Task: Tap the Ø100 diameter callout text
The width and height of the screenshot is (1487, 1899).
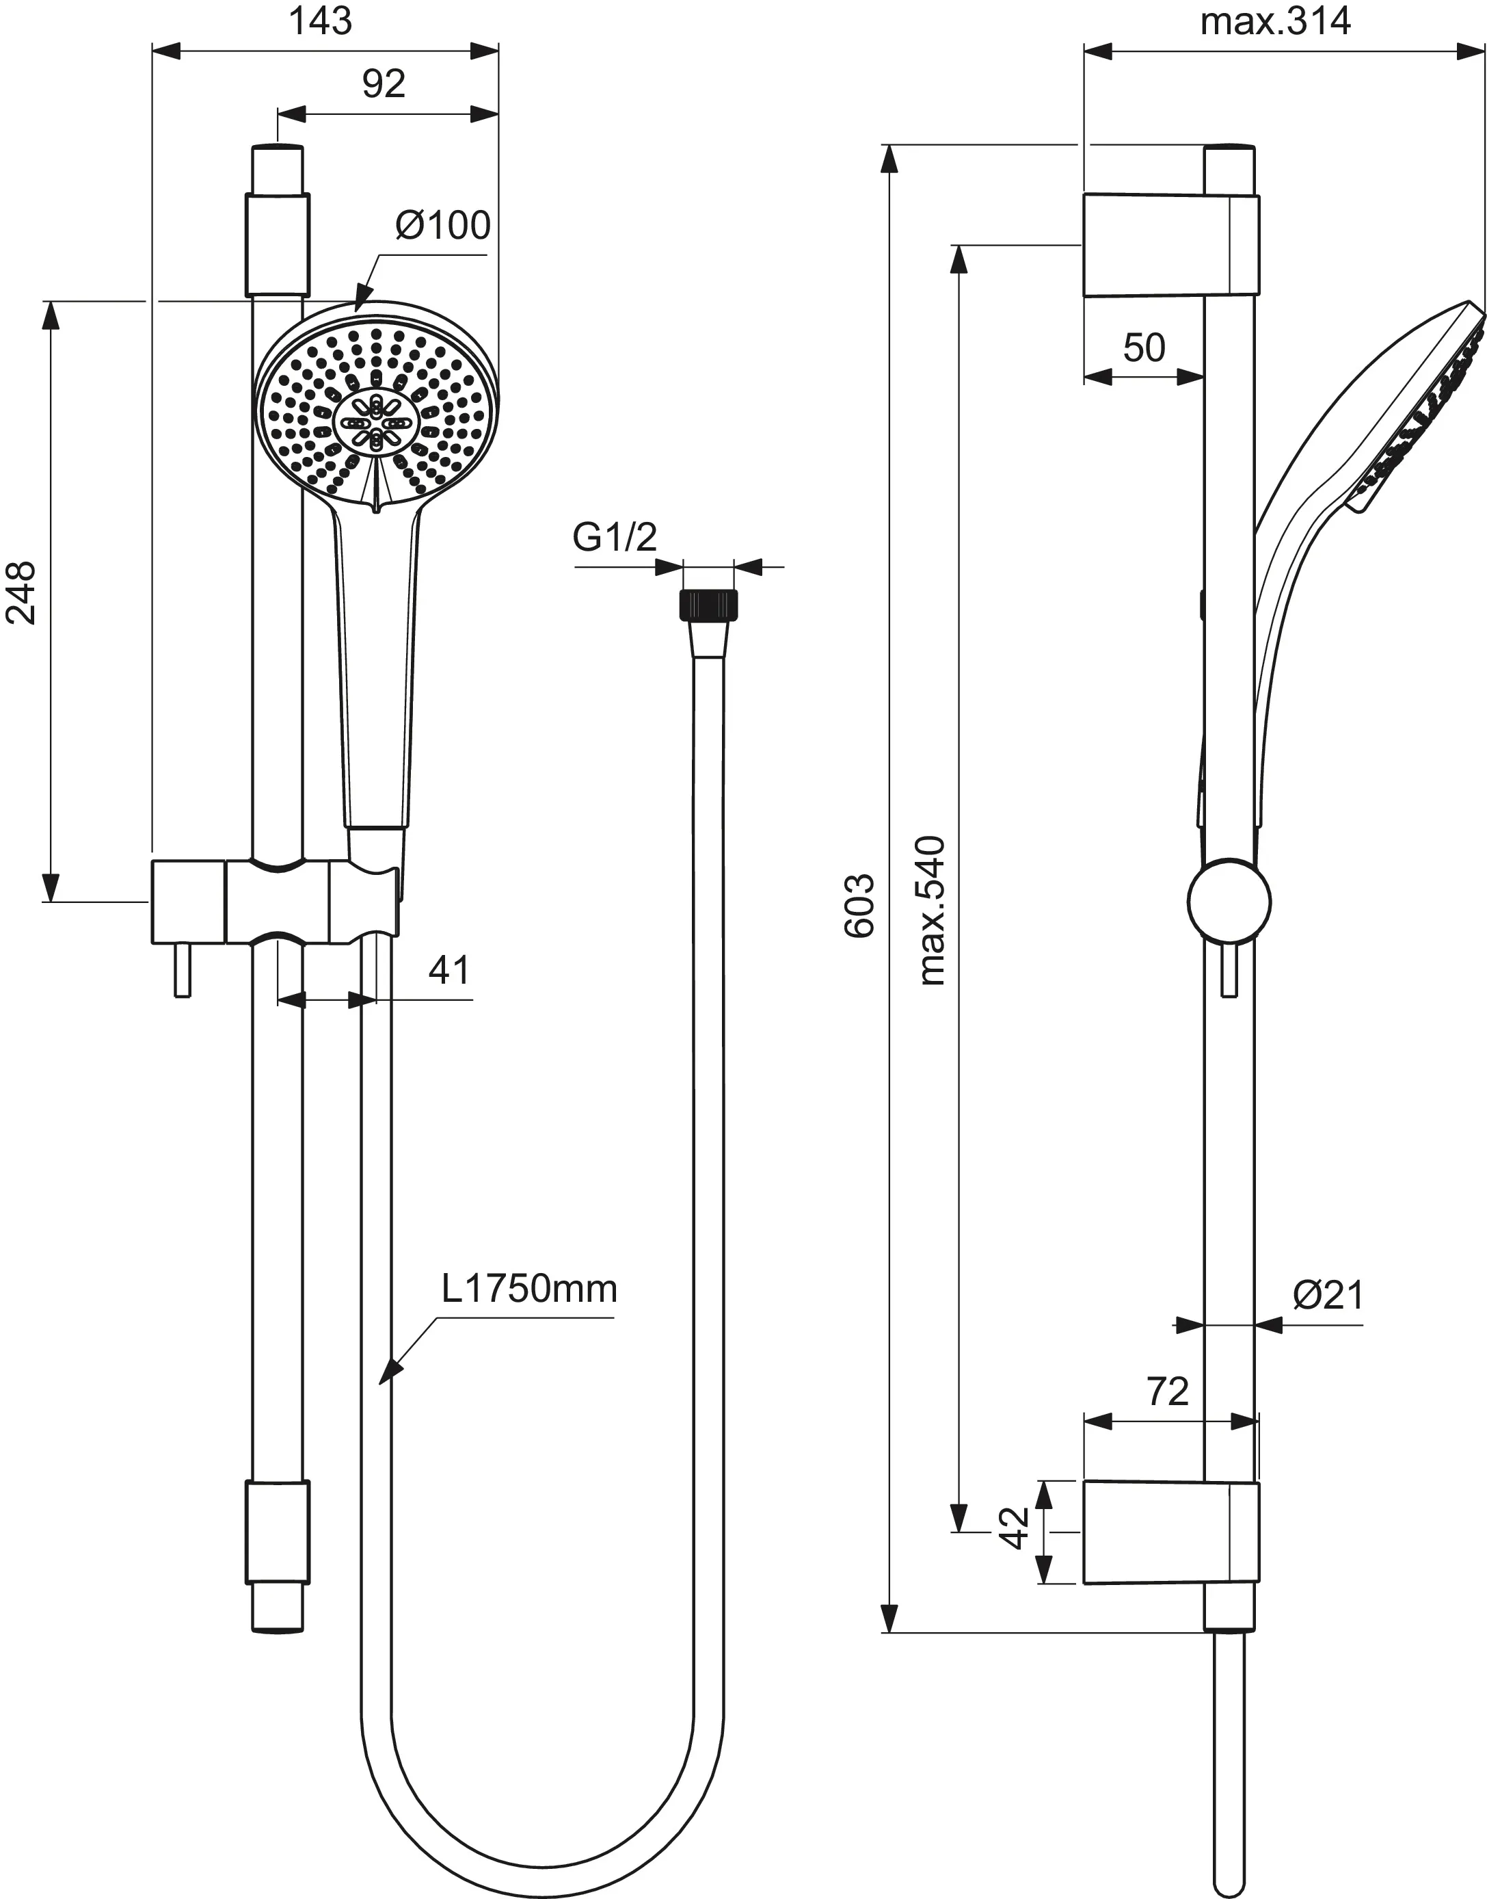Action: (442, 226)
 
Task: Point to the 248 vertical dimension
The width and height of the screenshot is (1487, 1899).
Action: (22, 592)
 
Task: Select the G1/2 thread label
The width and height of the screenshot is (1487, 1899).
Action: (614, 538)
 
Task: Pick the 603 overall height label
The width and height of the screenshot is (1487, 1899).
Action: (859, 906)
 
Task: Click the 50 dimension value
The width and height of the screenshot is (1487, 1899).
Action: (1143, 348)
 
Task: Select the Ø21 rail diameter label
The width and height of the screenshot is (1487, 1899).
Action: (1328, 1296)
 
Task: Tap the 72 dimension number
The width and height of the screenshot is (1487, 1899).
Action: (1168, 1391)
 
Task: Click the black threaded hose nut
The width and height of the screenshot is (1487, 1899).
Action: (707, 605)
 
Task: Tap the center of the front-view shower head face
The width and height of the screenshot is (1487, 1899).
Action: (376, 423)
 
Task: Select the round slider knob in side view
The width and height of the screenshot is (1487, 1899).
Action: (1229, 901)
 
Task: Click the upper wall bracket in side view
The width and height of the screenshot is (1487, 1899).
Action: (1169, 246)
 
